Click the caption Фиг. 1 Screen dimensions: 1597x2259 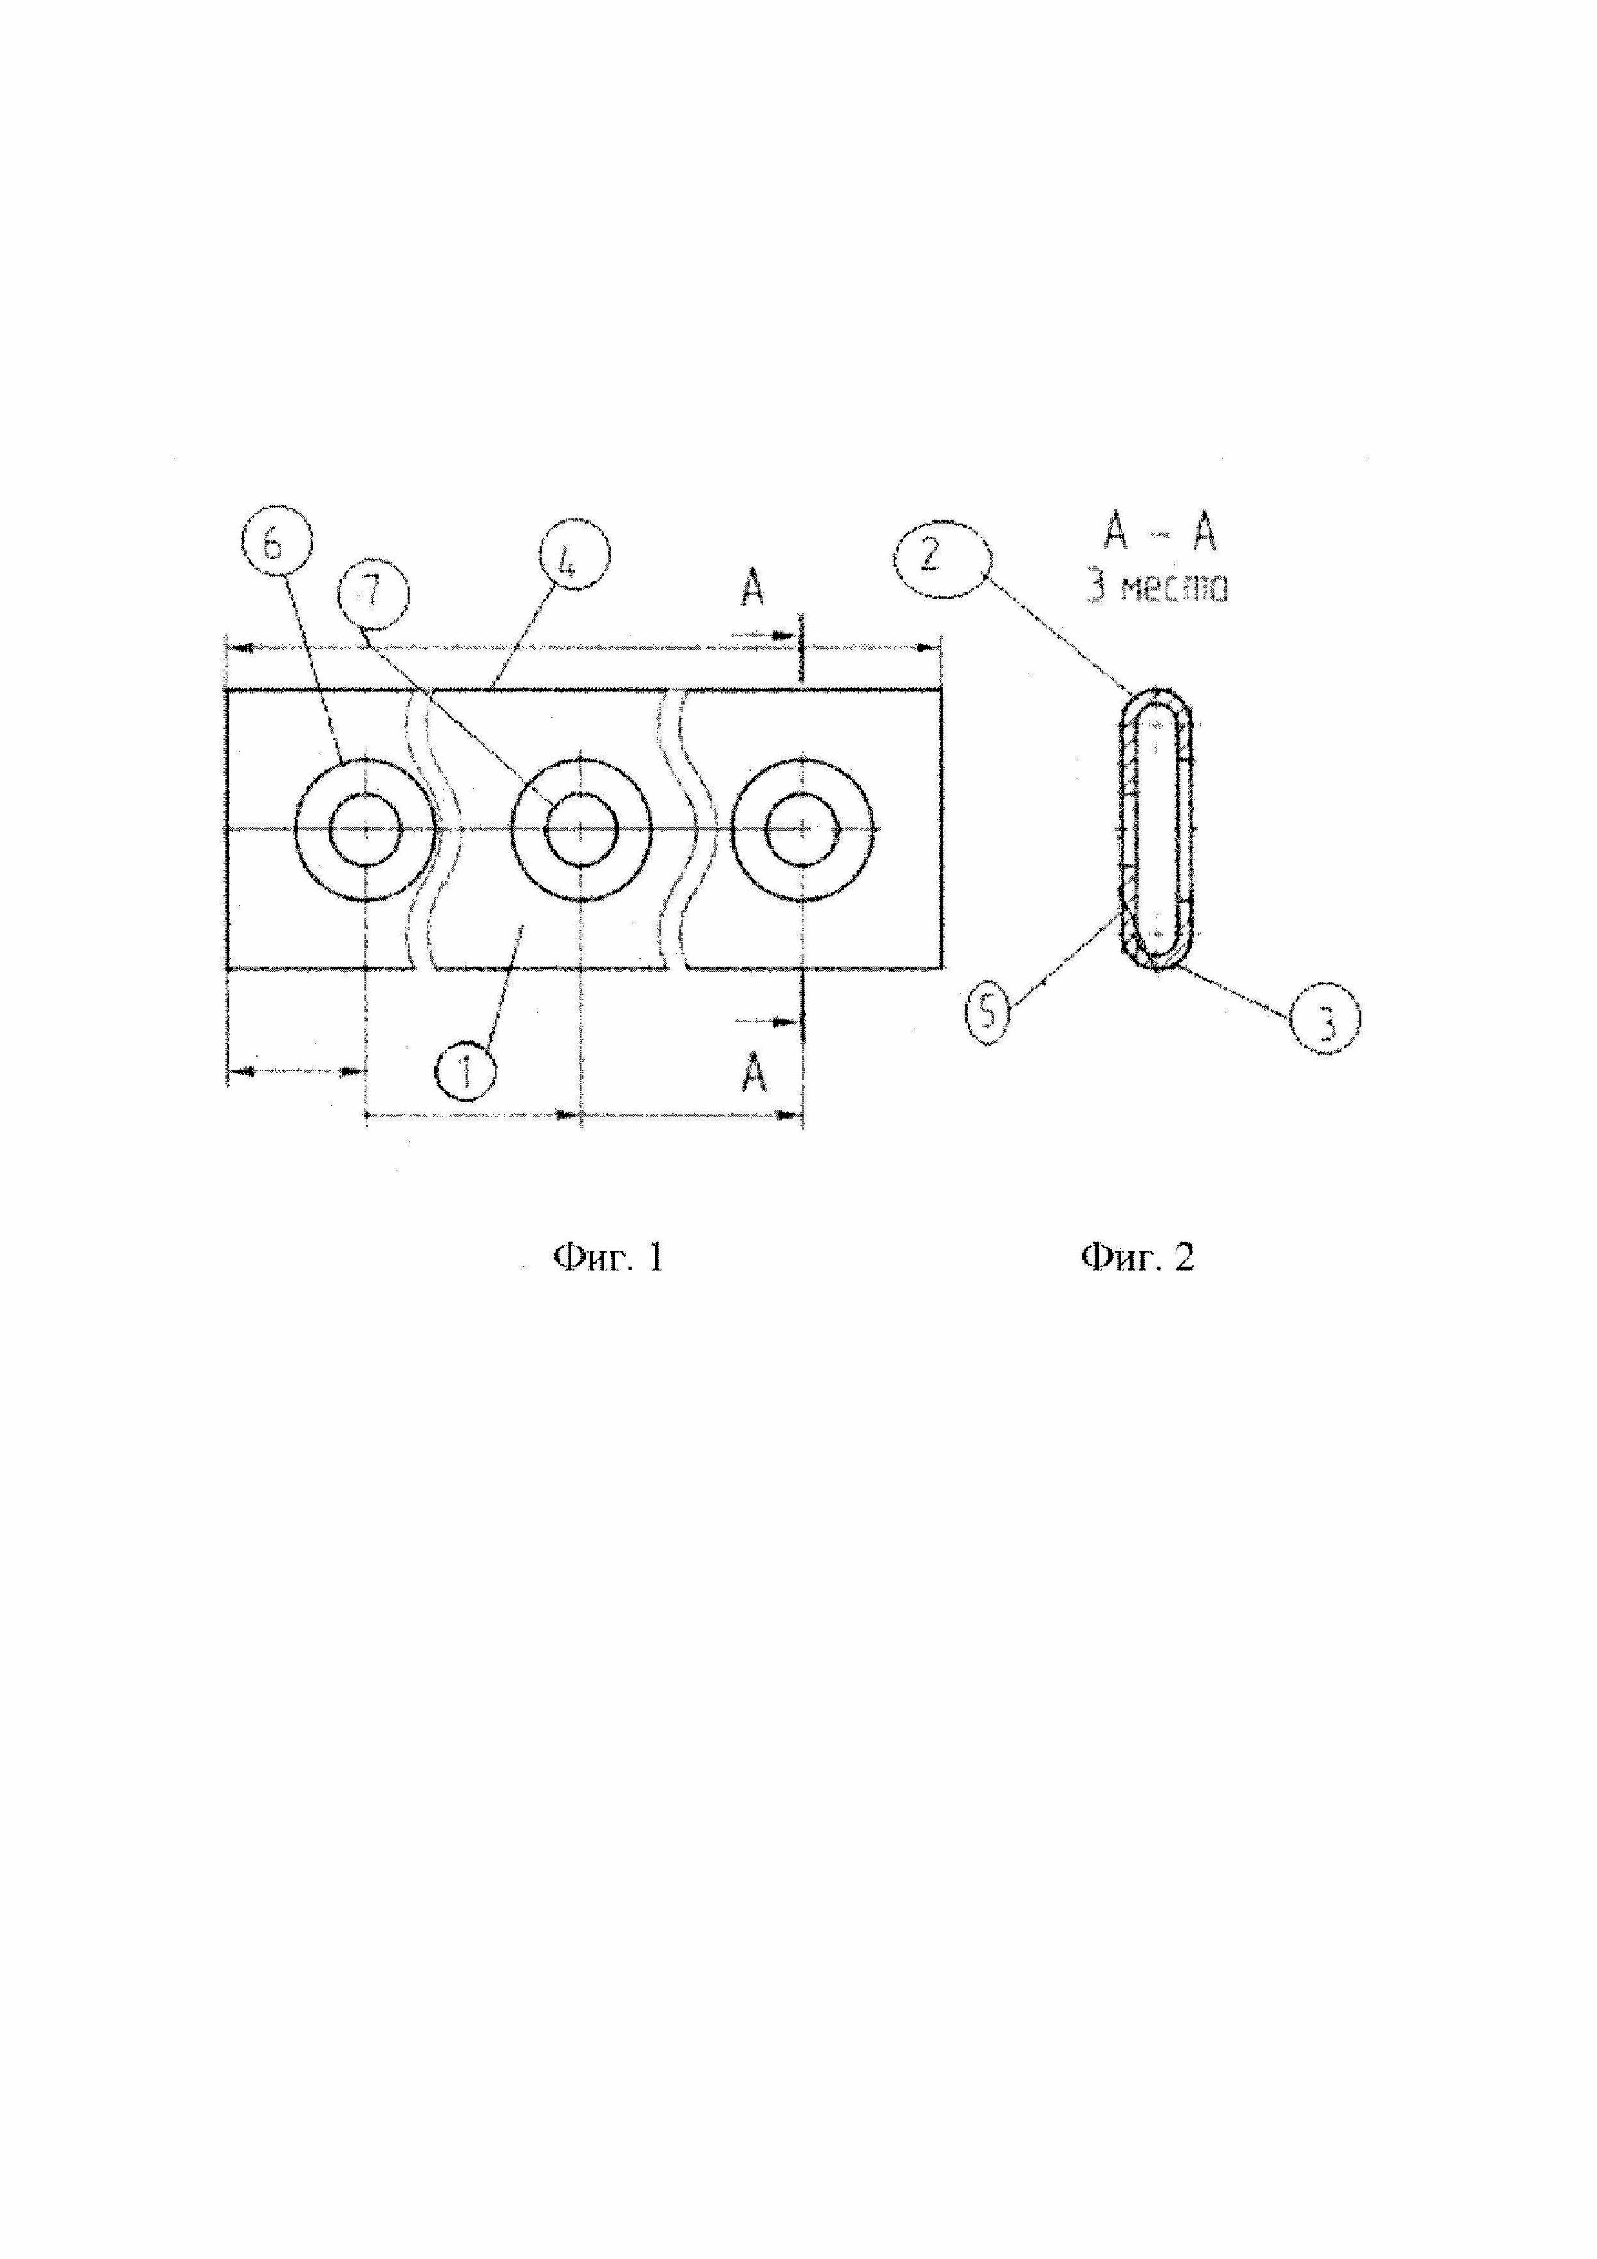pyautogui.click(x=610, y=1258)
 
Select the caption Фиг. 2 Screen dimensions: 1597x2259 pyautogui.click(x=1137, y=1258)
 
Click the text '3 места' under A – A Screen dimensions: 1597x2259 pyautogui.click(x=1158, y=589)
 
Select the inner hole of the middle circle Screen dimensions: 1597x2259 pyautogui.click(x=581, y=829)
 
